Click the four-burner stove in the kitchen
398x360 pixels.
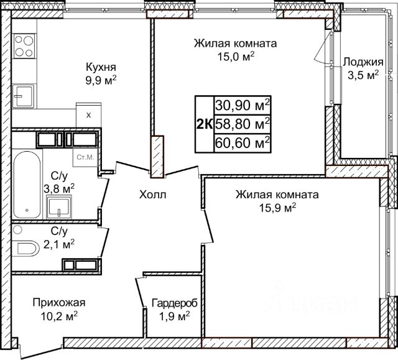click(24, 46)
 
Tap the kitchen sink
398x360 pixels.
click(24, 96)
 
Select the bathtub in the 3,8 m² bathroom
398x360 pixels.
click(27, 185)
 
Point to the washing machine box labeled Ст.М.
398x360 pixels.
click(85, 157)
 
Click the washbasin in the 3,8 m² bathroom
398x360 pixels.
click(59, 207)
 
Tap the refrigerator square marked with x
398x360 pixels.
click(88, 115)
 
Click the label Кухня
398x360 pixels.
click(101, 68)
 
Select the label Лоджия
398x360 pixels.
click(363, 62)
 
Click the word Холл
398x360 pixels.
click(153, 195)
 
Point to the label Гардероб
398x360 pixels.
click(174, 303)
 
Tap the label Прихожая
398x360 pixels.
click(59, 303)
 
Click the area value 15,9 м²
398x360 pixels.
click(277, 208)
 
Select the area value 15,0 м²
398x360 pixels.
click(236, 56)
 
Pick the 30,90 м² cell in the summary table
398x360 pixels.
click(243, 105)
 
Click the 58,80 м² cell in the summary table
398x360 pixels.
click(243, 124)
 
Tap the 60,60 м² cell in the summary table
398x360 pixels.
click(243, 143)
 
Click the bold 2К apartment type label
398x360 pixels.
click(205, 124)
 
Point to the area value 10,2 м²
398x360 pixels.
click(59, 316)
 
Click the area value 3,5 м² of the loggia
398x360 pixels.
click(363, 76)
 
